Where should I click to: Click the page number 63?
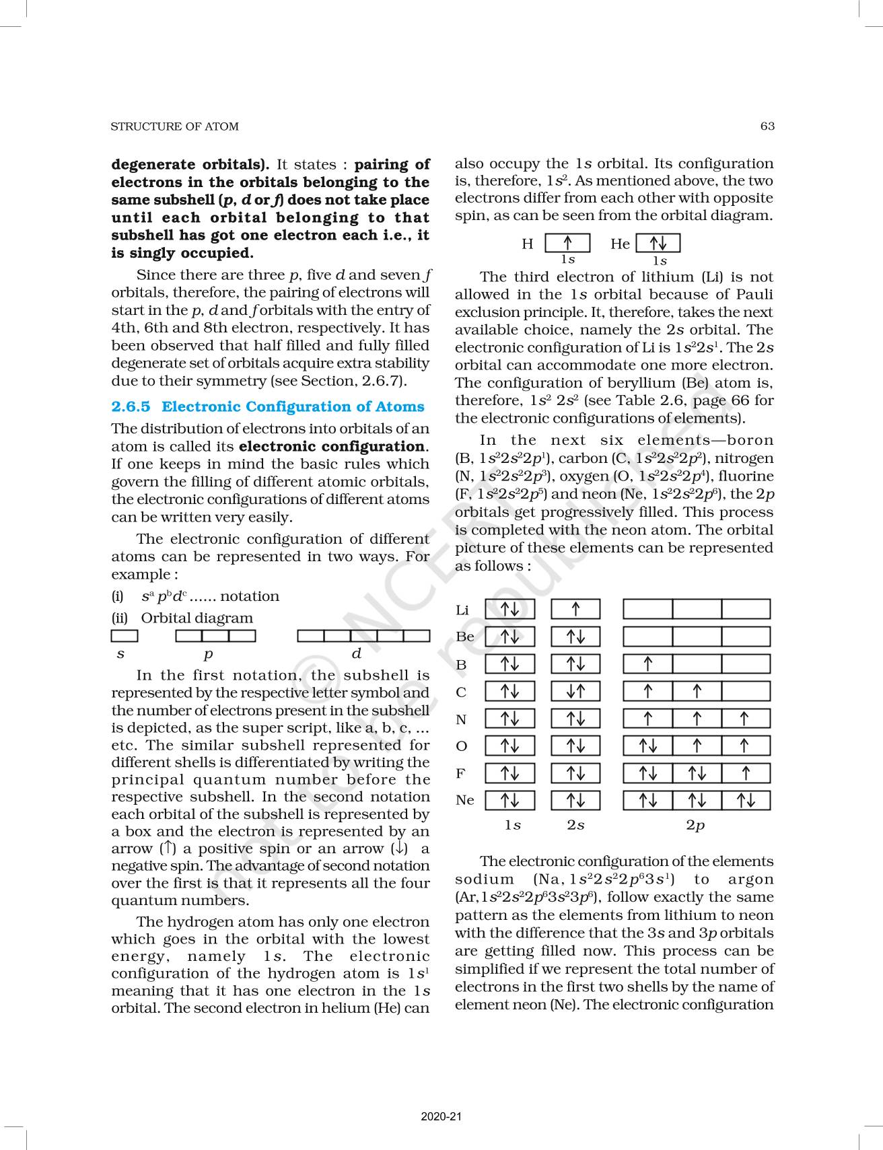click(767, 126)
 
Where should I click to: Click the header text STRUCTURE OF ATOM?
click(174, 127)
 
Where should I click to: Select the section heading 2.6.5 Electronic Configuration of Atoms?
click(268, 406)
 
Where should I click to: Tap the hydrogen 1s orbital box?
click(567, 243)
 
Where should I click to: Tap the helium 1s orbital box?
click(658, 243)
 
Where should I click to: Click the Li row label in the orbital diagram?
click(462, 610)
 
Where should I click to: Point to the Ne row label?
click(464, 800)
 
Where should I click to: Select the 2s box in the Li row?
click(575, 610)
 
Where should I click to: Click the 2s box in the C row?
click(575, 692)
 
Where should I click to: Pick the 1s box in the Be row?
click(509, 637)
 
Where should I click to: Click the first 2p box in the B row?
click(647, 664)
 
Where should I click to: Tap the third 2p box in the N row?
click(746, 719)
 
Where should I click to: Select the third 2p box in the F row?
click(746, 773)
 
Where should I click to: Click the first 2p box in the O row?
click(647, 746)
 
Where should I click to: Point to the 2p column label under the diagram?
click(695, 825)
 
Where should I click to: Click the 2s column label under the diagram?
click(575, 825)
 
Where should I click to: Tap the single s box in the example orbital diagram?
click(125, 635)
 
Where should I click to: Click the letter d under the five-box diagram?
click(357, 653)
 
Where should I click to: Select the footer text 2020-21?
click(441, 1117)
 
